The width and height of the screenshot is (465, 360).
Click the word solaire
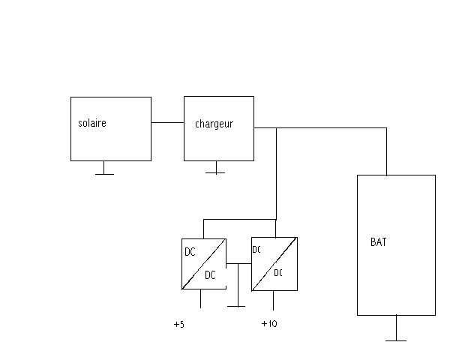(x=91, y=123)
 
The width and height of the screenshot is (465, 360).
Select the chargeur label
(x=214, y=124)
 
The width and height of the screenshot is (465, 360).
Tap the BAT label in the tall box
(x=379, y=243)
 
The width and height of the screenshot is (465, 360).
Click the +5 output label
(x=178, y=325)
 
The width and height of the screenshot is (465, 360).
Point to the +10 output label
(x=269, y=325)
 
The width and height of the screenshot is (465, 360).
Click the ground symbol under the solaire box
(x=104, y=173)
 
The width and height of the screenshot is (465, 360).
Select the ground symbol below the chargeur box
(x=215, y=172)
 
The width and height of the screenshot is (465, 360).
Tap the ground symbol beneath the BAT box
(x=395, y=339)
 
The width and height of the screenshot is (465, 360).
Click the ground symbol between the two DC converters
(x=236, y=304)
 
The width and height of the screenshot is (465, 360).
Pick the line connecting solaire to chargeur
(x=167, y=122)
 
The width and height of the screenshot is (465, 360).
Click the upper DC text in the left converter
(x=190, y=252)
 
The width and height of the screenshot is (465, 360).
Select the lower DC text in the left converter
(x=210, y=275)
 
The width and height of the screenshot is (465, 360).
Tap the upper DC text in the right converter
(x=256, y=250)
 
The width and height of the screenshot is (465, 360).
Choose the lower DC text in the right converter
(x=278, y=273)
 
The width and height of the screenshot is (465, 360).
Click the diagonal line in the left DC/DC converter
(x=204, y=263)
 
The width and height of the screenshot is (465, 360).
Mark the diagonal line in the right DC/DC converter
(x=274, y=263)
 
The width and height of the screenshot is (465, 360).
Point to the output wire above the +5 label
(x=200, y=298)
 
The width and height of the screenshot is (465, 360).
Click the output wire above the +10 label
(x=273, y=300)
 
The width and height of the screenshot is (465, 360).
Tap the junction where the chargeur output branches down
(x=277, y=128)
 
